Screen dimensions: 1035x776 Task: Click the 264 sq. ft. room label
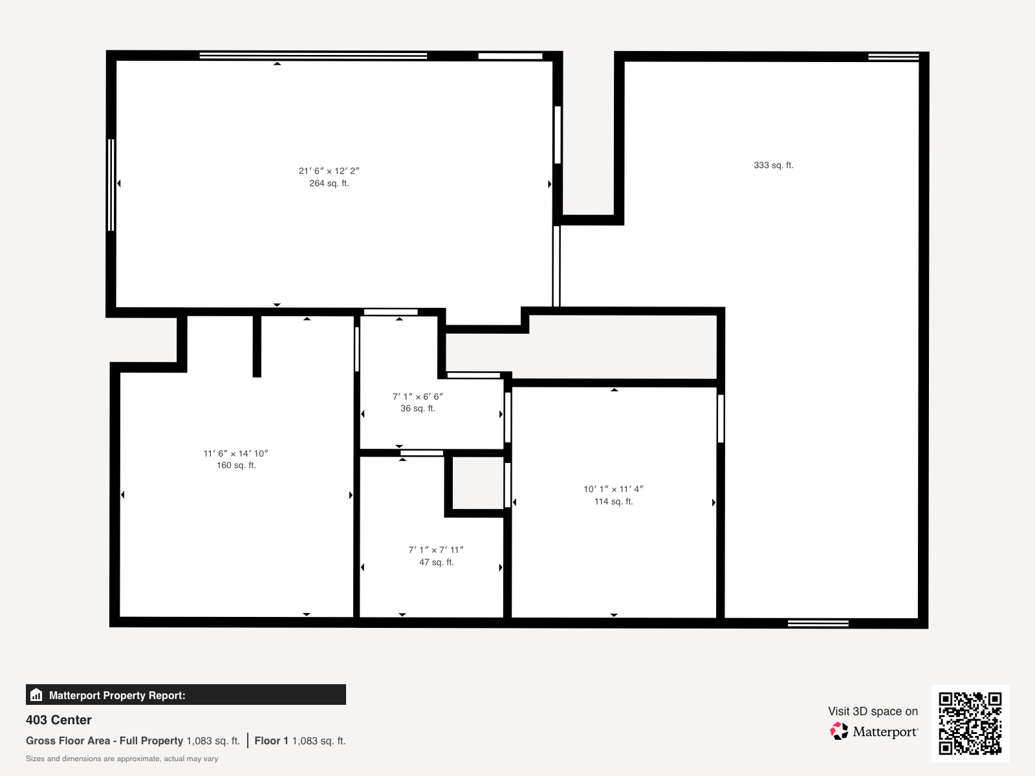coord(329,183)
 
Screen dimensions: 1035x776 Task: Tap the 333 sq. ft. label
coord(773,166)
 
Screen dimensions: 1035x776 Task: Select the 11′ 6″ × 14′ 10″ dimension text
coord(235,453)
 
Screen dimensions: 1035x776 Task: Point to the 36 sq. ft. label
coord(418,409)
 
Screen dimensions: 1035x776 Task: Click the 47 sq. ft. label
coord(437,562)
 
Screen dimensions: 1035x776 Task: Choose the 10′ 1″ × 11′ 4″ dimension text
coord(613,489)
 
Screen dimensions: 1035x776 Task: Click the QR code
coord(970,723)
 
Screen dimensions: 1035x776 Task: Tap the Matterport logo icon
coord(839,731)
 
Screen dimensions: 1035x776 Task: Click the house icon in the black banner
coord(36,695)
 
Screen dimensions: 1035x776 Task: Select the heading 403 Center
coord(58,720)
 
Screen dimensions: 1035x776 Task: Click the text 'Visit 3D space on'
coord(873,711)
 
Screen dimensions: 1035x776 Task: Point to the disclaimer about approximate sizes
coord(122,759)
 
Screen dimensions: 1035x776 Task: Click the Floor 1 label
coord(271,740)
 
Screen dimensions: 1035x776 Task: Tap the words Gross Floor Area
coord(68,740)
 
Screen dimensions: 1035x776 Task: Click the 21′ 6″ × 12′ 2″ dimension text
coord(329,171)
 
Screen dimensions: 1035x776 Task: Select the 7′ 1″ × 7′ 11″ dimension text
coord(436,550)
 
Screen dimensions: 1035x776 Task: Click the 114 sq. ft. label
coord(613,501)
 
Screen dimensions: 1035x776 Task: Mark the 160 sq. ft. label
coord(236,466)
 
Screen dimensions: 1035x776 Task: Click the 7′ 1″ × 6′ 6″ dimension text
coord(418,396)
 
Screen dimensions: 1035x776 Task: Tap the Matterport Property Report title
coord(117,695)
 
